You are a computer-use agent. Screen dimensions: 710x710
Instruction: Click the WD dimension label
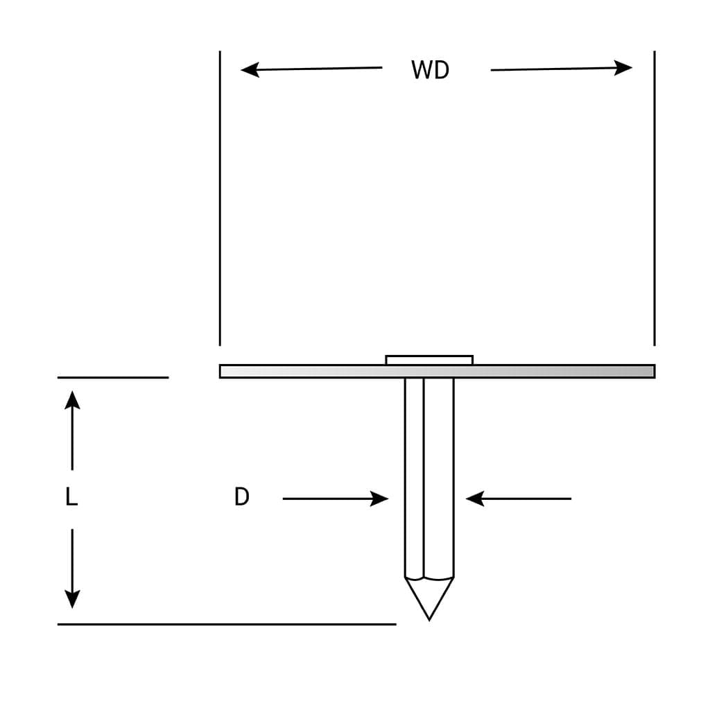pos(430,70)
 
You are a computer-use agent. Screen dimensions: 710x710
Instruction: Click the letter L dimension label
pos(71,497)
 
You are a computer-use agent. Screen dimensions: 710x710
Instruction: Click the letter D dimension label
pos(241,497)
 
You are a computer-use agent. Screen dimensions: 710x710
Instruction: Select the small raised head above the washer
pos(429,360)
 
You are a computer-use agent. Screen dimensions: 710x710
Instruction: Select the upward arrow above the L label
pos(72,400)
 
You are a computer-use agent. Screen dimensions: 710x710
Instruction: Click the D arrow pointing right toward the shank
pos(379,499)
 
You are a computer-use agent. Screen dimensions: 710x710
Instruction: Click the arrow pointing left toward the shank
pos(475,499)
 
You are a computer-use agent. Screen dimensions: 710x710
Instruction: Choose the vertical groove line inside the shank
pos(424,478)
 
